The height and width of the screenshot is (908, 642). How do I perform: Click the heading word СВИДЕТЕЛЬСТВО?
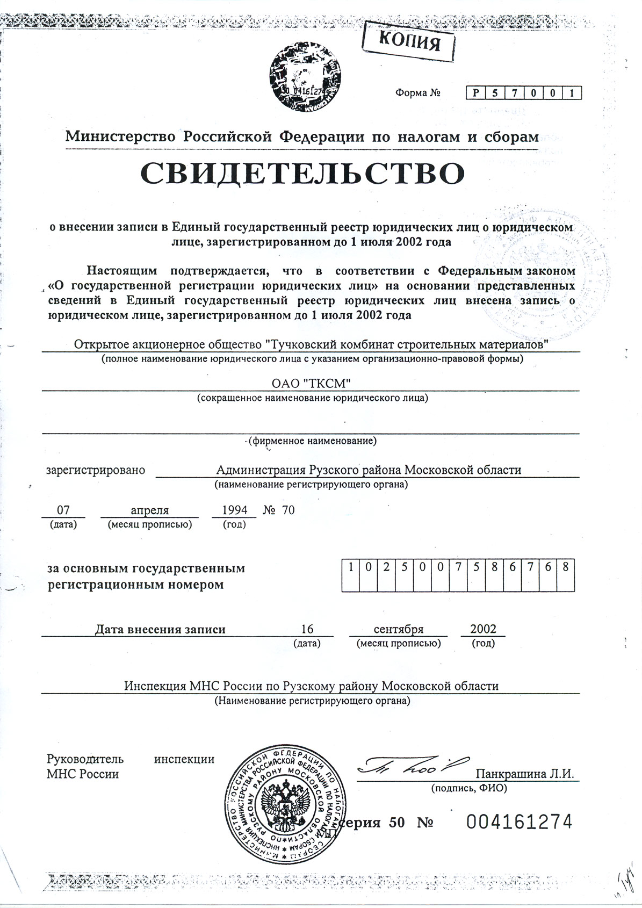[302, 173]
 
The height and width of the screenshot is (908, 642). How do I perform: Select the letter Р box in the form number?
[476, 93]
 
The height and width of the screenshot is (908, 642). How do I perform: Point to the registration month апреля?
[150, 510]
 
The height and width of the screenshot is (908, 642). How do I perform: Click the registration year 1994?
[234, 510]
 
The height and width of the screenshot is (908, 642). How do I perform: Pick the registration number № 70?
[279, 510]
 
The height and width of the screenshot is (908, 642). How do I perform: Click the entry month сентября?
[398, 629]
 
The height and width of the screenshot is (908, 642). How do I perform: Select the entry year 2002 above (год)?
[483, 629]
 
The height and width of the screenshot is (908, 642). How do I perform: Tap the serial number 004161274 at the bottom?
[519, 821]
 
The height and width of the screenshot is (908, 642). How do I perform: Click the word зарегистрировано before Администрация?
[96, 470]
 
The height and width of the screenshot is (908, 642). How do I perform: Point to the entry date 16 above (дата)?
[307, 629]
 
